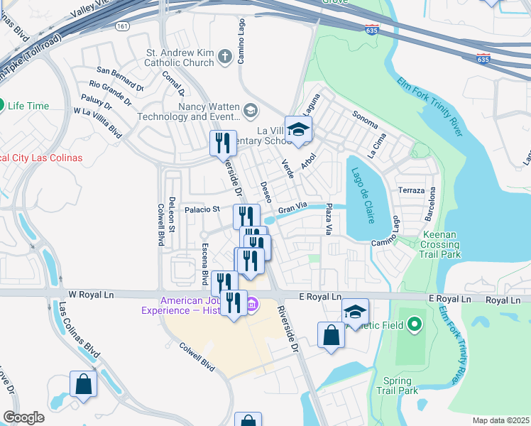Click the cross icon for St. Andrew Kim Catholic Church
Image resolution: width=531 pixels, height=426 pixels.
pyautogui.click(x=225, y=57)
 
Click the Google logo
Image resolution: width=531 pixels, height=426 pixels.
pyautogui.click(x=24, y=417)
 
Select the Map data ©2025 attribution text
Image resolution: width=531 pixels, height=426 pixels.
pyautogui.click(x=500, y=420)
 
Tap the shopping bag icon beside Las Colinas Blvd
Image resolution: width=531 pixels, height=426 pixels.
pyautogui.click(x=83, y=384)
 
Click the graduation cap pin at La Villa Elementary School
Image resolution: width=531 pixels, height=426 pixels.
pyautogui.click(x=299, y=129)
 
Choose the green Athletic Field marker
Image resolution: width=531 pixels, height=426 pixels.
pyautogui.click(x=415, y=326)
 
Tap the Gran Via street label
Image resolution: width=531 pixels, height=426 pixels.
pyautogui.click(x=291, y=209)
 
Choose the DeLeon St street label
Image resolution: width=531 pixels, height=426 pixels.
pyautogui.click(x=172, y=213)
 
